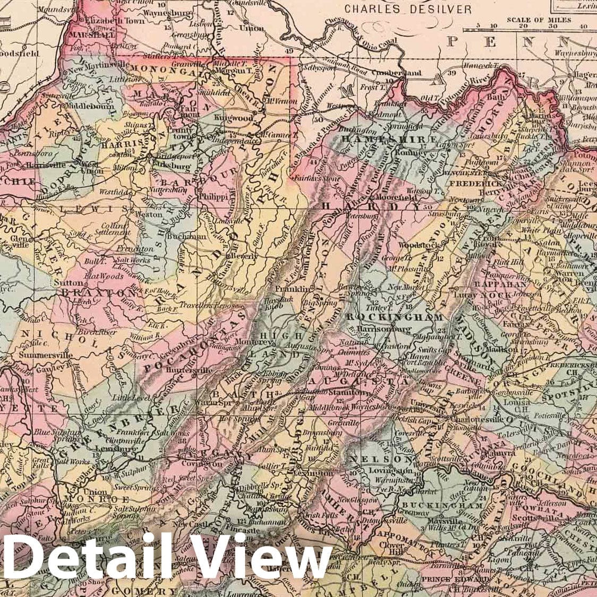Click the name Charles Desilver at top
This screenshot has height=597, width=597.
[x=408, y=9]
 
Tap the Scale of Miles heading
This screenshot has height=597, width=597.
[x=539, y=20]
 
